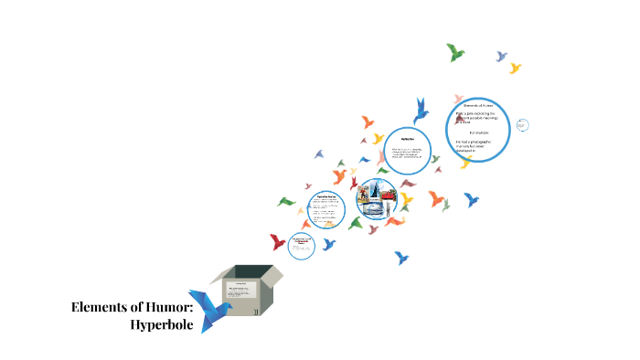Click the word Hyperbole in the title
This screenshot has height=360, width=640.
click(162, 326)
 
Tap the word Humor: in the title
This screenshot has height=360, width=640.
click(168, 308)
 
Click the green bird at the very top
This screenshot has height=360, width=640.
click(455, 52)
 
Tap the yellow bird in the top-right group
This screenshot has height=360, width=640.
click(515, 68)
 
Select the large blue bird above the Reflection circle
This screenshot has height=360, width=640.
click(421, 111)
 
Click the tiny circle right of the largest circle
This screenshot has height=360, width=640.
click(521, 124)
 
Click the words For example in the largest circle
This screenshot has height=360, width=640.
click(479, 133)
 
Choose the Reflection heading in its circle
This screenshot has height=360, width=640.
click(408, 138)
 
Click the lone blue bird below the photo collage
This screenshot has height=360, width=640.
click(401, 258)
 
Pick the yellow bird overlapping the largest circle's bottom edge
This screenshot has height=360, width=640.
click(466, 162)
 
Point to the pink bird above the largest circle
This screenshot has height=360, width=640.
click(456, 98)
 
